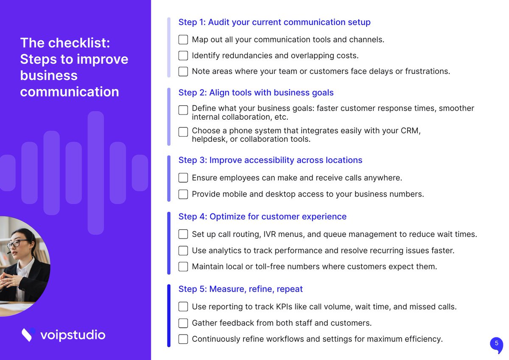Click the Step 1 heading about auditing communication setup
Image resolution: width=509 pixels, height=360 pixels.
[x=274, y=22]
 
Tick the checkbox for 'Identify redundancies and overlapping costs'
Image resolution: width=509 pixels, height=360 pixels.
[x=183, y=56]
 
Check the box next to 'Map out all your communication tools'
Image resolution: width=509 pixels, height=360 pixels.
[x=183, y=39]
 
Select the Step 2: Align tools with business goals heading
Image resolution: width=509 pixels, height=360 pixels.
[x=256, y=93]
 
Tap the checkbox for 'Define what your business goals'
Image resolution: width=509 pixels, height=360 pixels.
[x=183, y=110]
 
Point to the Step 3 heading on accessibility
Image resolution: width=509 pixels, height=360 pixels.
[x=270, y=160]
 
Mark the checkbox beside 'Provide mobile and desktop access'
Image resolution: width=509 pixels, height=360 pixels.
[x=183, y=194]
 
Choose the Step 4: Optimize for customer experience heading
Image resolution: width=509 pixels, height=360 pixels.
[x=262, y=217]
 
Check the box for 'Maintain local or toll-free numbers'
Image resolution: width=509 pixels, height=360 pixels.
[x=183, y=267]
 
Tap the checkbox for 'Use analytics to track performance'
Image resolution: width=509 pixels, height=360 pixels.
[x=183, y=250]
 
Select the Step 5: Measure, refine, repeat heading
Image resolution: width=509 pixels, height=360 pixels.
[x=241, y=289]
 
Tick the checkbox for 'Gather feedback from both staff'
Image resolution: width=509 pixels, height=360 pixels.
[x=183, y=323]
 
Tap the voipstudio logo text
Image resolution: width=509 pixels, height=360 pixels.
[x=73, y=335]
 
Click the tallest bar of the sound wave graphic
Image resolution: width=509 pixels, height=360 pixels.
[x=96, y=173]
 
